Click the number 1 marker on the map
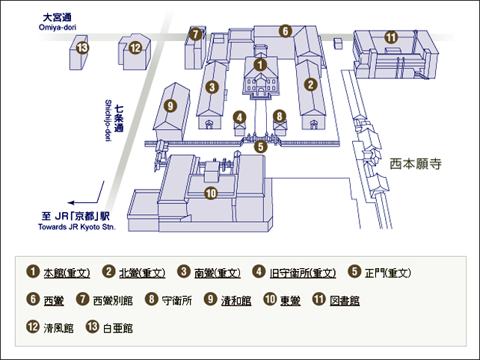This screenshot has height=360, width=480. coord(259,65)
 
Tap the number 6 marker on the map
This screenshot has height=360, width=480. coord(286,31)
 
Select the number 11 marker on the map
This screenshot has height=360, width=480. coord(390,37)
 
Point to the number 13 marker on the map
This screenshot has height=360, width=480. coord(83,48)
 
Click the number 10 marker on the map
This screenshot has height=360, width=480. coord(210,193)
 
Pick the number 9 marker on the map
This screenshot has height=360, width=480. coord(170,106)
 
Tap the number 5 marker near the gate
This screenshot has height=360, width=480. coord(260,147)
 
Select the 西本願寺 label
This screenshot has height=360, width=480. coord(416,162)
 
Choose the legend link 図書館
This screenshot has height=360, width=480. coord(345,300)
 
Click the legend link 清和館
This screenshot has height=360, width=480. coord(236,300)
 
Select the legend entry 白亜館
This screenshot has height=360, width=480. coord(118,327)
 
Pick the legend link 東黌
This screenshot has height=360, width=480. coord(290,300)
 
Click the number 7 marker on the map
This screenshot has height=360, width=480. coord(196,34)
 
